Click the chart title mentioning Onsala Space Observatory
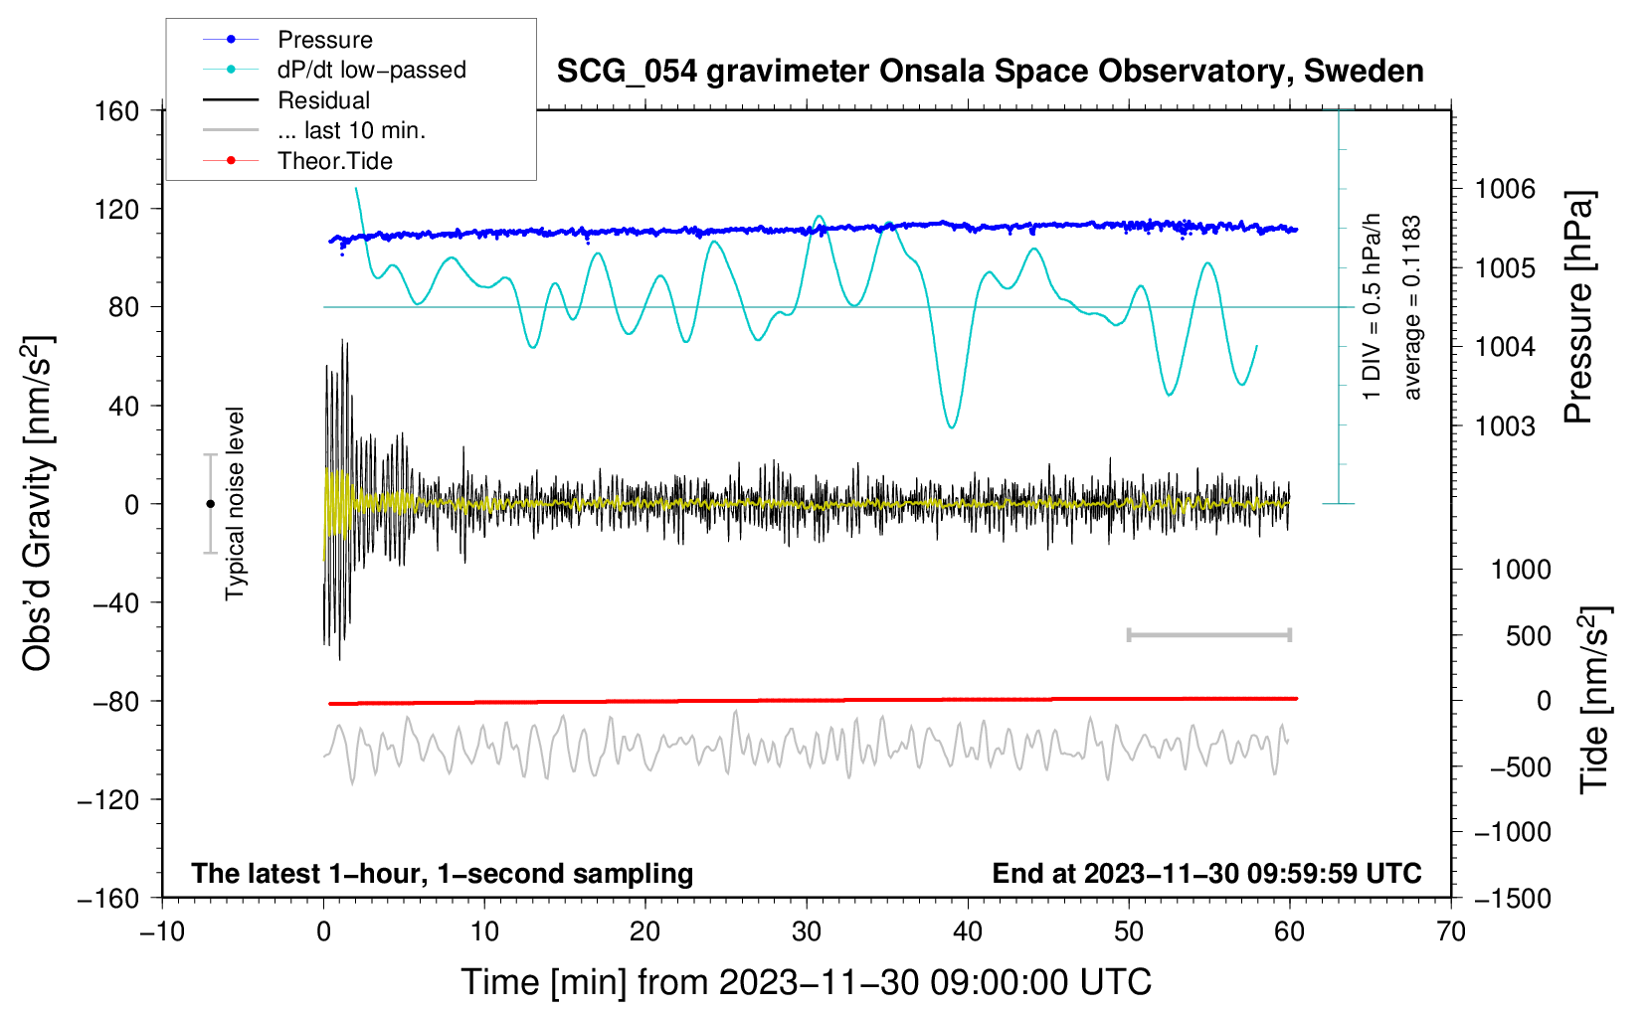(x=990, y=72)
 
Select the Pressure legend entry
(x=287, y=39)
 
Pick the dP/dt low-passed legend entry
(x=334, y=70)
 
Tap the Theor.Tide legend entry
(x=297, y=161)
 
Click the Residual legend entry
(x=286, y=100)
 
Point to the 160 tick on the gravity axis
(x=117, y=111)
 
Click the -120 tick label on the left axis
(x=108, y=799)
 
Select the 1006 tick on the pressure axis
(x=1505, y=190)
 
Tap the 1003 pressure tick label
(x=1505, y=425)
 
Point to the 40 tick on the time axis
(x=967, y=931)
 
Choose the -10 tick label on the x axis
(x=162, y=931)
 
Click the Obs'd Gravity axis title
(x=39, y=503)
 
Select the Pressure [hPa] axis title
(x=1578, y=307)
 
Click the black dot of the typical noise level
(x=210, y=504)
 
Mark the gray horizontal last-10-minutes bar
(x=1208, y=634)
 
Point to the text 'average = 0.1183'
(x=1410, y=307)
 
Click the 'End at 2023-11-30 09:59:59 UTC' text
(x=1206, y=873)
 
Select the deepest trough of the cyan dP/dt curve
(x=952, y=427)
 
